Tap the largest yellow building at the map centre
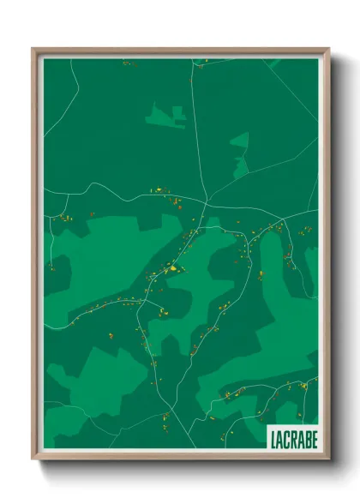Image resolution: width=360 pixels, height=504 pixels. point(174,268)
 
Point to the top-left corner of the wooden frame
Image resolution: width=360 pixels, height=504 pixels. point(33,50)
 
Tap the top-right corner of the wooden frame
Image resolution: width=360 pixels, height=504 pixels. point(328,50)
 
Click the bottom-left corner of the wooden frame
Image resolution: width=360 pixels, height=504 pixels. point(33,459)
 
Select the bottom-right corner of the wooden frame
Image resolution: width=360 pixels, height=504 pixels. point(328,459)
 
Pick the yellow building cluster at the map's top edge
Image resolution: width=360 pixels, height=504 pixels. point(128,63)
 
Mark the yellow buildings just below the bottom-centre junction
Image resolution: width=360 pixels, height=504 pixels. point(165,420)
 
